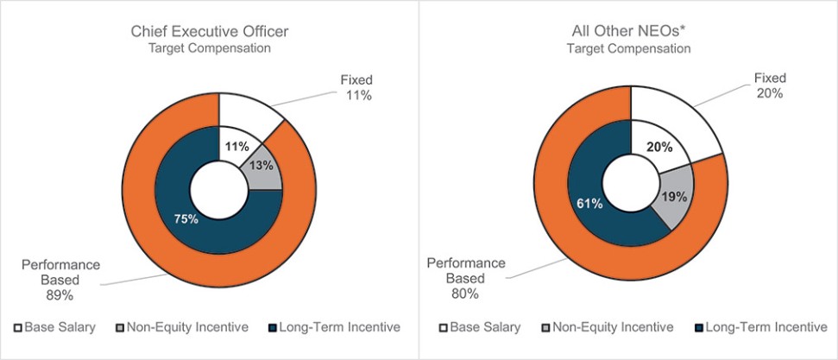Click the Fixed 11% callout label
[x=354, y=87]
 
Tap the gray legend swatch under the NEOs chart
[x=545, y=328]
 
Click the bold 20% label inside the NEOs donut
[x=658, y=147]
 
